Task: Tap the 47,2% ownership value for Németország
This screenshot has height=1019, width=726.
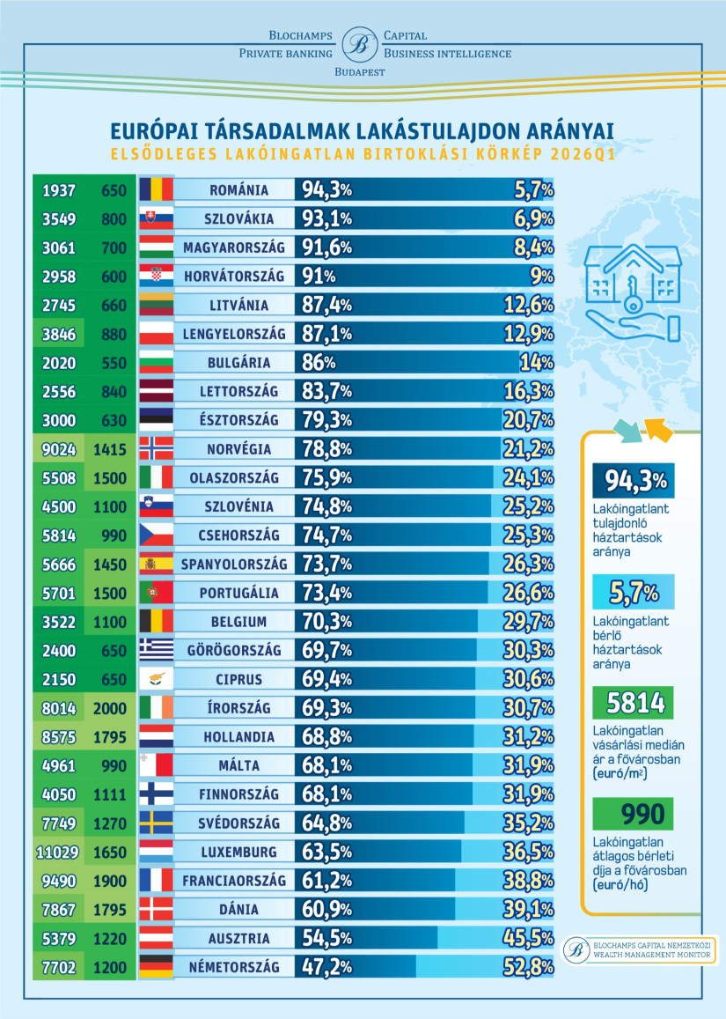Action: click(x=327, y=967)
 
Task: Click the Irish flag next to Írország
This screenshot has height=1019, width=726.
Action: click(x=157, y=708)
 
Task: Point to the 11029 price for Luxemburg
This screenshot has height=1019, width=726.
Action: click(x=57, y=852)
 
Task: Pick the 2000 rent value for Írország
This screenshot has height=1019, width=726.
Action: click(x=109, y=708)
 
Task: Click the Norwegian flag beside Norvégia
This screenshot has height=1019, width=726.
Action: click(x=157, y=449)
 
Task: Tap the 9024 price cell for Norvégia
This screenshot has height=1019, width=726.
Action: click(x=57, y=449)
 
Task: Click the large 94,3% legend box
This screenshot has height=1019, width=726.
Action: click(x=634, y=482)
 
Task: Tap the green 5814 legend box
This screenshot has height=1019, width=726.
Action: click(x=634, y=704)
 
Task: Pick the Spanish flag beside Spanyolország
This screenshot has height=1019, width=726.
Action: click(x=157, y=564)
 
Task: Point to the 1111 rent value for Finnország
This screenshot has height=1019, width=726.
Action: click(x=109, y=794)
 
